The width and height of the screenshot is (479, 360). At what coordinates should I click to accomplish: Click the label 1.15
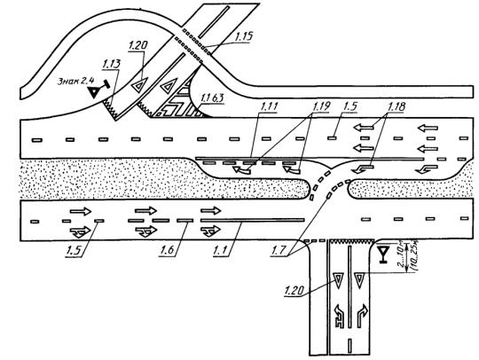coord(244,36)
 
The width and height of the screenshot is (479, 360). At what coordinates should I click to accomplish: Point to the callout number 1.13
coord(111,64)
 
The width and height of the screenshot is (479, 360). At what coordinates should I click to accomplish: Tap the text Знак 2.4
coord(76,81)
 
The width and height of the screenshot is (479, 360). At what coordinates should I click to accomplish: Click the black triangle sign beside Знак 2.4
coord(94,92)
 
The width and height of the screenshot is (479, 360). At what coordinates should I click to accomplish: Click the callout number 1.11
coord(268,107)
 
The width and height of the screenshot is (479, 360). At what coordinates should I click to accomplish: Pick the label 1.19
coord(321,106)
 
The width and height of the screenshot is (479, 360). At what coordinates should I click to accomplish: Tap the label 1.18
coord(397,107)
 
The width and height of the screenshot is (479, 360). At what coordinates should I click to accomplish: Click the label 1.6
coord(167,250)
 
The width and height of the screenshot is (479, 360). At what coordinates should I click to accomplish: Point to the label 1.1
coord(220,250)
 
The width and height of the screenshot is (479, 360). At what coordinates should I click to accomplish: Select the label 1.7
coord(279,250)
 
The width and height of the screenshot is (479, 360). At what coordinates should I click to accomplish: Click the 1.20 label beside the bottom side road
coord(294,290)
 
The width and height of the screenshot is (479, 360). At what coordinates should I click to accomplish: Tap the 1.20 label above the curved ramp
coord(137,46)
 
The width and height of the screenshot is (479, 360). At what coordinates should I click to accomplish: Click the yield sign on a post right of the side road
coord(382,253)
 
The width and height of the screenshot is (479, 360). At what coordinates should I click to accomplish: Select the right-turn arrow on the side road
coord(362,315)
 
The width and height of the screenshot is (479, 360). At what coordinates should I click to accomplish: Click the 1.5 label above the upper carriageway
coord(350,107)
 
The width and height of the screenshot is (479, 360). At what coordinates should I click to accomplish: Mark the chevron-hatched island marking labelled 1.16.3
coord(177,102)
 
